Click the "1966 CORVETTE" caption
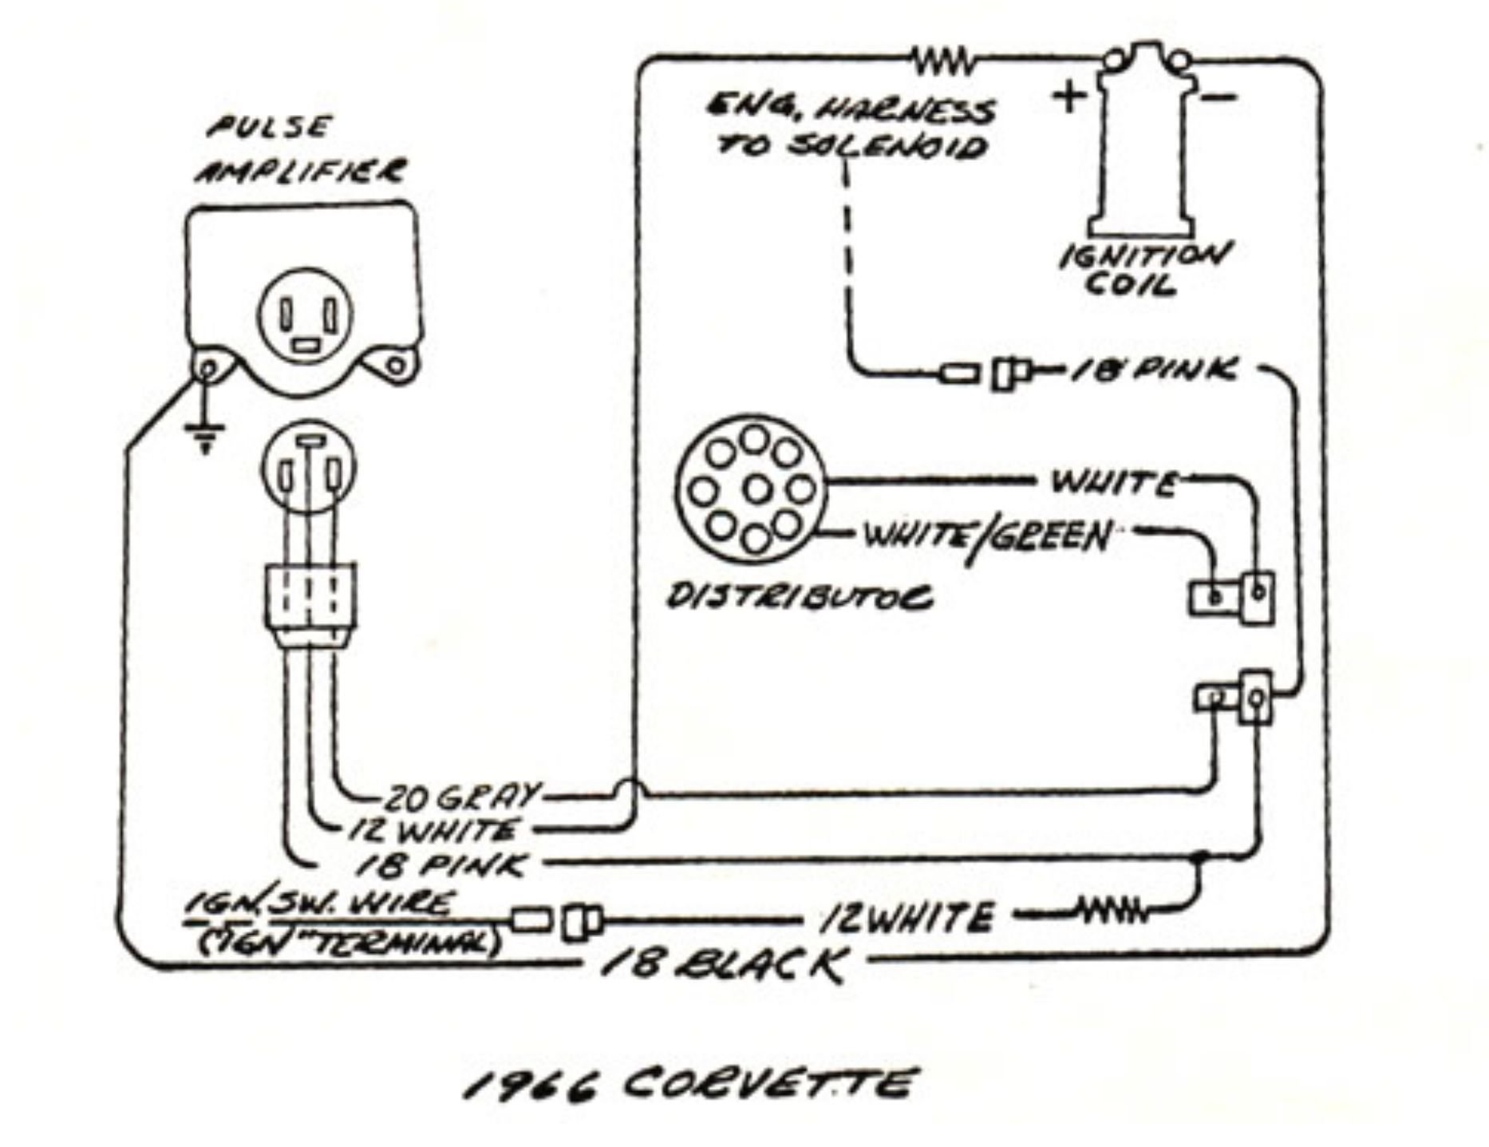pyautogui.click(x=687, y=1086)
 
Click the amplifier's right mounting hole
pyautogui.click(x=395, y=366)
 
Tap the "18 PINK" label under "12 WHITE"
pyautogui.click(x=440, y=864)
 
